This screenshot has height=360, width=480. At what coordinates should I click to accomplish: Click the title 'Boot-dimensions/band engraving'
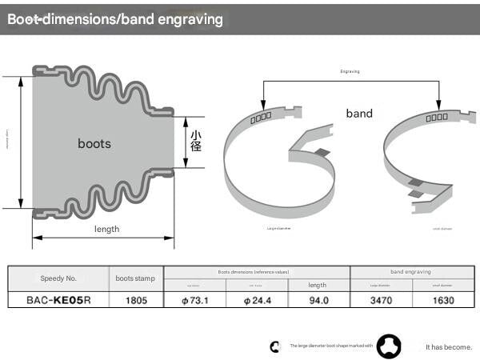pyautogui.click(x=115, y=19)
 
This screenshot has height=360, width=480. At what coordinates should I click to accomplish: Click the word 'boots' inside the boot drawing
pyautogui.click(x=94, y=144)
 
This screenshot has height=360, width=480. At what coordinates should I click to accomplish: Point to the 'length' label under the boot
pyautogui.click(x=106, y=229)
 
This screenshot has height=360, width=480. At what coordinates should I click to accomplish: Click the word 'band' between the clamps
pyautogui.click(x=359, y=114)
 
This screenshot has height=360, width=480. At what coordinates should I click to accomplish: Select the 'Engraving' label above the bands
pyautogui.click(x=350, y=71)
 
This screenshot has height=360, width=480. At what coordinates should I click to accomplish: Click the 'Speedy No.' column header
pyautogui.click(x=58, y=278)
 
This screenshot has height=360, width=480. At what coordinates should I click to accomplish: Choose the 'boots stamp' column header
pyautogui.click(x=135, y=278)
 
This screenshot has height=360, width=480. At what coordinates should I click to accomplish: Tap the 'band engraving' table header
pyautogui.click(x=410, y=272)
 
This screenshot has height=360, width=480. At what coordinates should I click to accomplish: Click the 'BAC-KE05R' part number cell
pyautogui.click(x=58, y=301)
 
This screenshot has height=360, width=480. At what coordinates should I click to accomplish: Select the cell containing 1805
pyautogui.click(x=135, y=301)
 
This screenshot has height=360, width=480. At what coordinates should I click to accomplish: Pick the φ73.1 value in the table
pyautogui.click(x=195, y=301)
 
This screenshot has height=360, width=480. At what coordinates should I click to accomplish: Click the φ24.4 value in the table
pyautogui.click(x=257, y=301)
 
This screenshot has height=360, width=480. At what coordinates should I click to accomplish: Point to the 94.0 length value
pyautogui.click(x=318, y=301)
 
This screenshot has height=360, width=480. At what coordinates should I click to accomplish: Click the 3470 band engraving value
pyautogui.click(x=381, y=301)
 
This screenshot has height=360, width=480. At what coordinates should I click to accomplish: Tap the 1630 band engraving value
pyautogui.click(x=442, y=301)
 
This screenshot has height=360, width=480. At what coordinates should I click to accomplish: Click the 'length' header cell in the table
pyautogui.click(x=318, y=285)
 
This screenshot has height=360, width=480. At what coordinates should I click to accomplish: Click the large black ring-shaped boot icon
pyautogui.click(x=390, y=346)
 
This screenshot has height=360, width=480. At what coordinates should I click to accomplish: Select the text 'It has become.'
pyautogui.click(x=448, y=346)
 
